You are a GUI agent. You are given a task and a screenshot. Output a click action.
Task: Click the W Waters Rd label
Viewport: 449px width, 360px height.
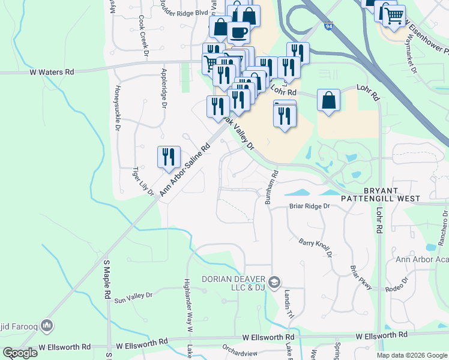(x=52, y=71)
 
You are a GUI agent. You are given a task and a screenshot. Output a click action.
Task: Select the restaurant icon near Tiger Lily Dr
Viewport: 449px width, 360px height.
(x=169, y=157)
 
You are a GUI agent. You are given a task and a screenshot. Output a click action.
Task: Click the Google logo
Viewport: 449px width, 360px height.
(x=20, y=353)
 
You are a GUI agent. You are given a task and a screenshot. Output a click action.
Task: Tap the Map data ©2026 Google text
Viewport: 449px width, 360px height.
(x=412, y=355)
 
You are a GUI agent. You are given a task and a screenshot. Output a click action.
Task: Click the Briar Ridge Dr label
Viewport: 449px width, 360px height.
(x=310, y=206)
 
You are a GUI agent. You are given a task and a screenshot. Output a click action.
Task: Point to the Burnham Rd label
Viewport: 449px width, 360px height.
(x=271, y=187)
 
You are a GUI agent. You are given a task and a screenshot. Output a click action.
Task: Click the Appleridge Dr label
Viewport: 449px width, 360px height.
(x=163, y=88)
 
